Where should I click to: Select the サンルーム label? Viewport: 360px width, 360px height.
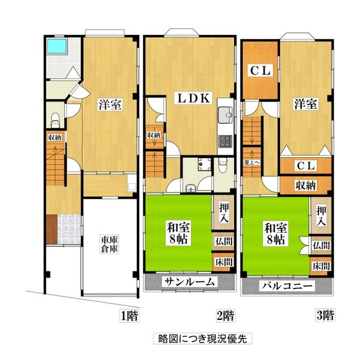[190, 281]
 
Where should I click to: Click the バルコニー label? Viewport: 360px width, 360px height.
[287, 286]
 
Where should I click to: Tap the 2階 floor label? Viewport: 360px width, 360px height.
[225, 315]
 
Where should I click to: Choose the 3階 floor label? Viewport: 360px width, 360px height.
[325, 315]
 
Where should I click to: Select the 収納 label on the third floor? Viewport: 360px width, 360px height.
[305, 185]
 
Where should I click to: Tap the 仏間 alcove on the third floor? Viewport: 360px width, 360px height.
[320, 246]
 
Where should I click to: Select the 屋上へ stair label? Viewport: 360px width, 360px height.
[251, 162]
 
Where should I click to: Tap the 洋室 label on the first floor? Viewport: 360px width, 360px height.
[110, 104]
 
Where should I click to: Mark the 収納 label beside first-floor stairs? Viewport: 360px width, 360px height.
[54, 137]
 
